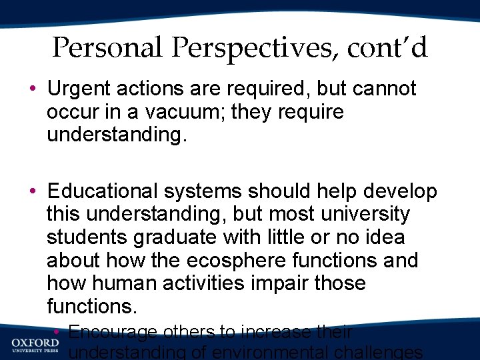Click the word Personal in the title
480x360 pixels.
pyautogui.click(x=107, y=47)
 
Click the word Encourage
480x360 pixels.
pyautogui.click(x=113, y=331)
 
